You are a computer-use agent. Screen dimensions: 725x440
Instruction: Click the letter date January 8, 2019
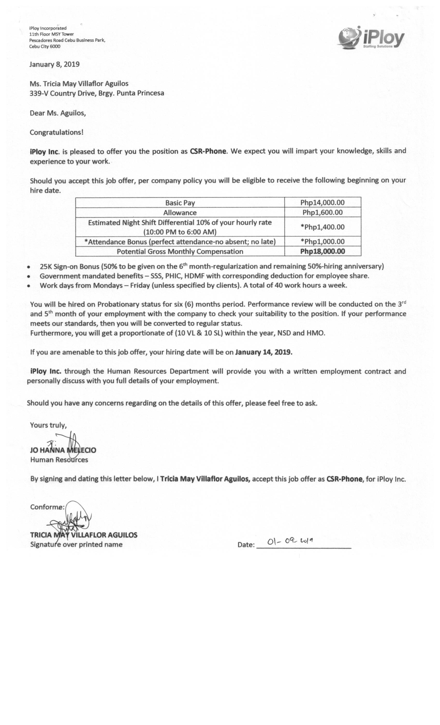coord(54,64)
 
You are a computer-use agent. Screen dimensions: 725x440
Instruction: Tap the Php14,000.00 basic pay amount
coord(322,202)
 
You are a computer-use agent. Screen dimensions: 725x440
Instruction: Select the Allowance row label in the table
coord(180,212)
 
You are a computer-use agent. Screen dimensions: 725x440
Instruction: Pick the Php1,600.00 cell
coord(322,212)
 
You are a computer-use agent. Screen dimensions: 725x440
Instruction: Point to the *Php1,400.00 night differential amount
coord(322,227)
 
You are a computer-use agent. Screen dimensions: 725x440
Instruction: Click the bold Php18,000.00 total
coord(322,251)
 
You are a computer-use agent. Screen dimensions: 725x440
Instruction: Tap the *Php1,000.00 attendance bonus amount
coord(322,242)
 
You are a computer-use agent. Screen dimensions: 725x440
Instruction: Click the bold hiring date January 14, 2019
coord(263,352)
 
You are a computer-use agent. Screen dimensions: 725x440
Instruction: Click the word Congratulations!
coord(56,132)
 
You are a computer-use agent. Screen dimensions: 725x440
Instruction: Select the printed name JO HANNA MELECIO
coord(63,450)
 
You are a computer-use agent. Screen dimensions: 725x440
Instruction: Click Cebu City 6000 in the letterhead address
coord(45,47)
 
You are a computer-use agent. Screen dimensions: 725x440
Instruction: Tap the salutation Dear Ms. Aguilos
coord(58,113)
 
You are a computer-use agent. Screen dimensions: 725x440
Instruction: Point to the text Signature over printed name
coord(76,544)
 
